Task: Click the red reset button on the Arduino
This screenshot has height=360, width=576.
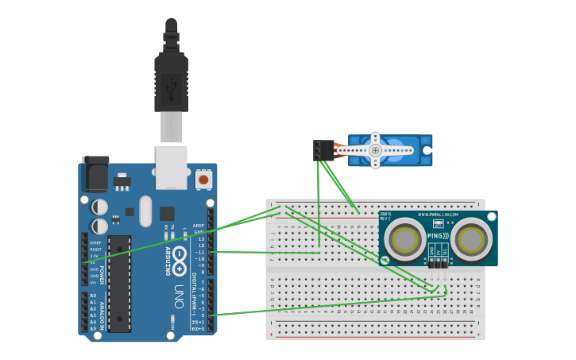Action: click(203, 180)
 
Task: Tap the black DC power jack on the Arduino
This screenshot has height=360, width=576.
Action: click(95, 173)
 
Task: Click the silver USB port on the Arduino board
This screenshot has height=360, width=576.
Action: click(172, 167)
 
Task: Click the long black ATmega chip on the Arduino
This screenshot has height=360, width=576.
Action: click(119, 283)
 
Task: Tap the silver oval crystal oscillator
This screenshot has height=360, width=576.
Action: click(145, 211)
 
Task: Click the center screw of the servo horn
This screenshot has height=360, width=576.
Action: click(375, 150)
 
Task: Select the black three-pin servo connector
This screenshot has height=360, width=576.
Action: click(323, 149)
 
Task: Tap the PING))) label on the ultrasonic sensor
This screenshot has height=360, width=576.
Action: click(439, 236)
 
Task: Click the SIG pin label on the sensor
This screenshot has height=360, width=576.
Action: click(445, 251)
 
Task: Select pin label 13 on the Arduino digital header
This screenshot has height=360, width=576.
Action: click(201, 238)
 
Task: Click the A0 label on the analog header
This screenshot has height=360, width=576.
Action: click(93, 296)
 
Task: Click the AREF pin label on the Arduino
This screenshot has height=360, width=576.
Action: click(199, 225)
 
